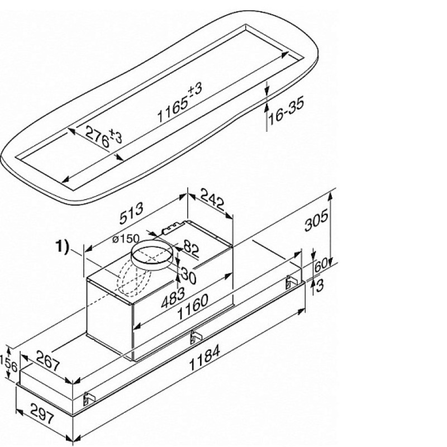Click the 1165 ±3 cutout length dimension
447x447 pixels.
179,102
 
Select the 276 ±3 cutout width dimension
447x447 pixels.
104,136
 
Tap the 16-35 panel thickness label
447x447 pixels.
286,111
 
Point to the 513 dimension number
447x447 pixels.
131,213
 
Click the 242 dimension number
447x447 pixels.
213,199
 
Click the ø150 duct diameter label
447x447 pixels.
126,239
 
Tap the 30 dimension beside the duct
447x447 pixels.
189,275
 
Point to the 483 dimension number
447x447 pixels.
173,297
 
